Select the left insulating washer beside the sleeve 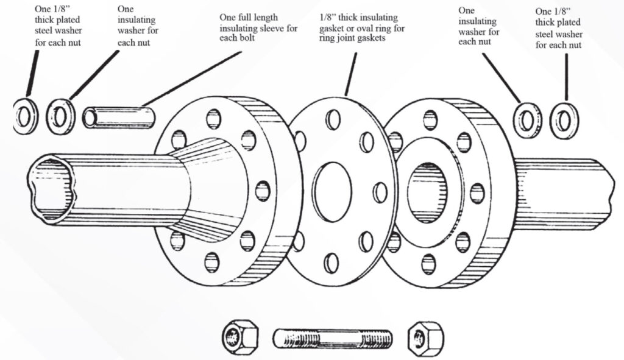(x=60, y=115)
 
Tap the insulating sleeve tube (x=120, y=116)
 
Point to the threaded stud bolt (x=333, y=337)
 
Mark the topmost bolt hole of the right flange (x=430, y=119)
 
